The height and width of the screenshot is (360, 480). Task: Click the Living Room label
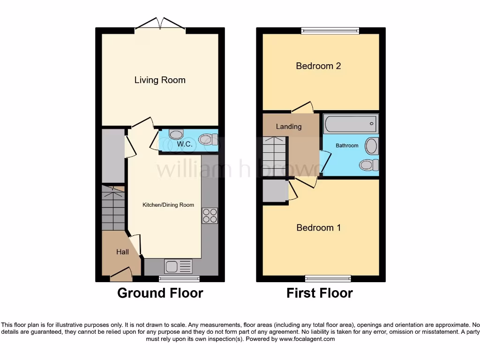pos(160,80)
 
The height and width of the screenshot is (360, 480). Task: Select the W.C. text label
pos(185,144)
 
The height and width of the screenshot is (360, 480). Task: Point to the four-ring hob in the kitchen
pos(210,215)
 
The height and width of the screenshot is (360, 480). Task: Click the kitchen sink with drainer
pos(178,267)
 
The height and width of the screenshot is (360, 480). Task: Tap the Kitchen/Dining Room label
pos(168,205)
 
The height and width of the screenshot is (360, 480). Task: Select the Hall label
pos(122,252)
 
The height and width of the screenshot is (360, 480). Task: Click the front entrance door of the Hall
pos(121,274)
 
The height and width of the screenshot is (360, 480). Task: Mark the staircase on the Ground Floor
pos(113,209)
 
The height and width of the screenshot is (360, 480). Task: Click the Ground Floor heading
pos(160,293)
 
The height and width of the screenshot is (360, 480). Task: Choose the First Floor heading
pos(320,293)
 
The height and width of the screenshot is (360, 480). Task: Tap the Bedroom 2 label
pos(318,66)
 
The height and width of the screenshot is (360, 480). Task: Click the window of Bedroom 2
pos(330,31)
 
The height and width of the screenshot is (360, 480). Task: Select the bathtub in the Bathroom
pos(351,124)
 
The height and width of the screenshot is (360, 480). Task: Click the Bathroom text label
pos(347,146)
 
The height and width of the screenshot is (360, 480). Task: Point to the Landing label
pos(289,127)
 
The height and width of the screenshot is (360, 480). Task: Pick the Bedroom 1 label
pos(319,228)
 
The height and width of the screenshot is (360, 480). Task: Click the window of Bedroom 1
pos(328,278)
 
